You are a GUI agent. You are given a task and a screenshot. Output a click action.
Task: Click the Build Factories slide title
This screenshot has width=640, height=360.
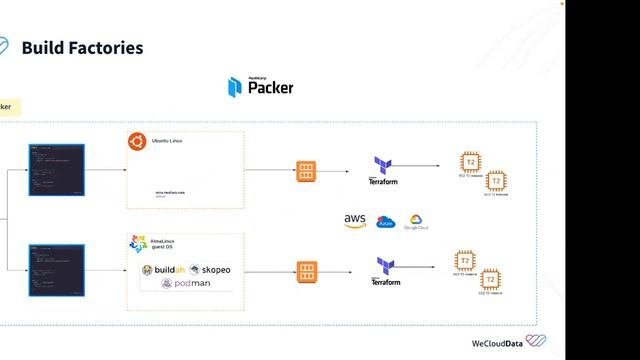coord(82,48)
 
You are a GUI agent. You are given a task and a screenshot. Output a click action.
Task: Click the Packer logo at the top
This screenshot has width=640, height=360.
coord(260,87)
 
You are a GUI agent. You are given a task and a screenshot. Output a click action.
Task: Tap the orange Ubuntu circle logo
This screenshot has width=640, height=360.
coord(136,141)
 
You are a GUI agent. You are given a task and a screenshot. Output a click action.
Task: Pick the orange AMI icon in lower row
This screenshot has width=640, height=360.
coord(307,270)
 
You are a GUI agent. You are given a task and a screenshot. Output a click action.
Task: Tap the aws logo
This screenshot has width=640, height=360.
coord(355,221)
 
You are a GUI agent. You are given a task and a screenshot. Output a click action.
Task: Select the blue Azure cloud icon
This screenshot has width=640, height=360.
coord(386,222)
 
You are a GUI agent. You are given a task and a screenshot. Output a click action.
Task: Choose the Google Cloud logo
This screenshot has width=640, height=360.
coord(416,221)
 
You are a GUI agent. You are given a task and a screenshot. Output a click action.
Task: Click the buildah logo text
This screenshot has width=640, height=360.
coord(163,270)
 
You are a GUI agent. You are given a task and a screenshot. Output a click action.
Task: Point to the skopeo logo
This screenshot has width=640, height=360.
coord(210,270)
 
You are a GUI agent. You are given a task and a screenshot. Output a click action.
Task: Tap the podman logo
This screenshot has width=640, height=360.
coord(186,284)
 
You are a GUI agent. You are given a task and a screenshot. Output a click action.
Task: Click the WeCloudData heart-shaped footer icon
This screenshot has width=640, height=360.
coord(536,341)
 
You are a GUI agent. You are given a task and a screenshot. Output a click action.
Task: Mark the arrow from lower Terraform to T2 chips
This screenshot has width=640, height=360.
coord(421,267)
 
